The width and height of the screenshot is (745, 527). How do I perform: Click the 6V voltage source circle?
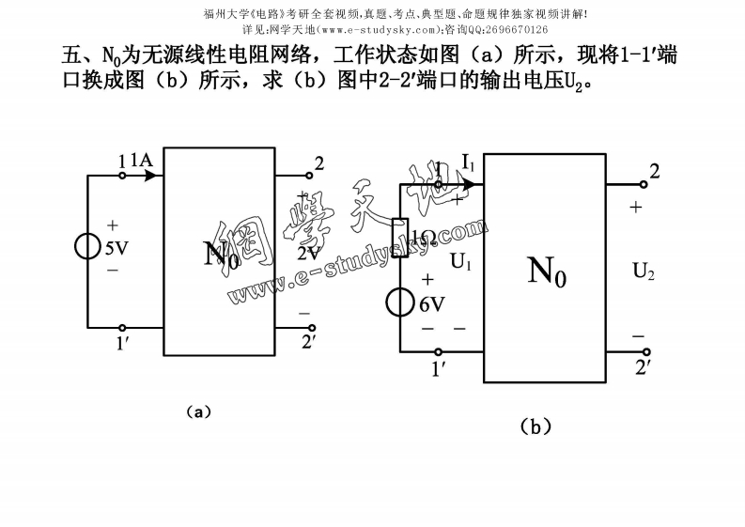click(x=400, y=303)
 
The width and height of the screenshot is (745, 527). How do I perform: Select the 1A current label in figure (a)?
click(x=142, y=161)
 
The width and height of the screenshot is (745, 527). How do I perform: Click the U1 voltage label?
click(x=460, y=262)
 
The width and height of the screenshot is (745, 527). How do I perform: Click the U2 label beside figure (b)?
click(x=644, y=272)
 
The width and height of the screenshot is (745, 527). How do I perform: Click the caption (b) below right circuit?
click(x=535, y=426)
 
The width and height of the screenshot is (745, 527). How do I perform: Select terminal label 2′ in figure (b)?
click(x=644, y=367)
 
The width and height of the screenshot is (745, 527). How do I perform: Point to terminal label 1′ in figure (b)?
click(x=439, y=369)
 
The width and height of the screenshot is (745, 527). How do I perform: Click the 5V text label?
click(x=116, y=249)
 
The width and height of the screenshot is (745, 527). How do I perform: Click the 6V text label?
click(x=431, y=304)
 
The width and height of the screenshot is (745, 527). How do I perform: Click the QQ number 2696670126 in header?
click(x=508, y=29)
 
